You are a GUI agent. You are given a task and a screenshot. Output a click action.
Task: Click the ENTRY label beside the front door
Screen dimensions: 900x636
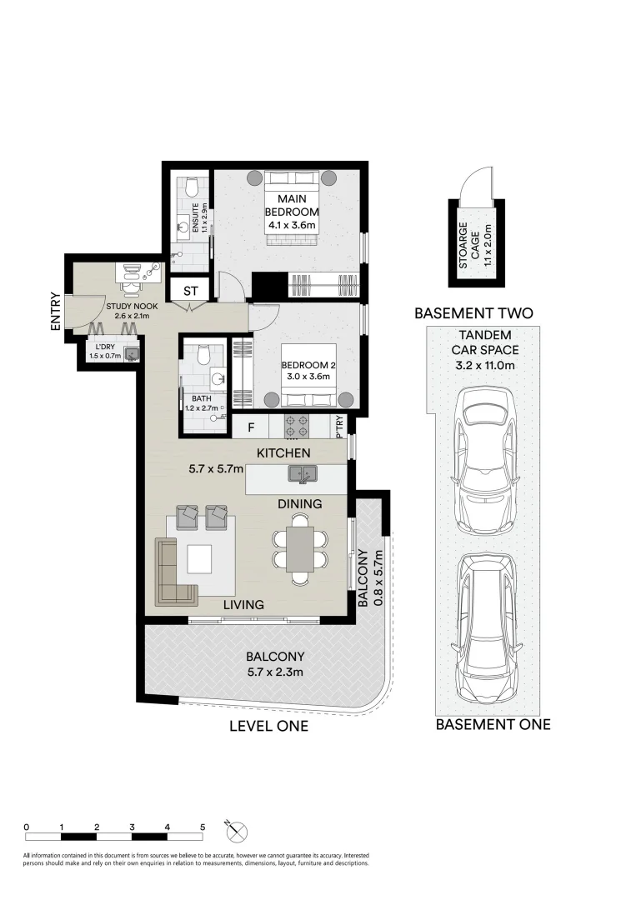[55, 312]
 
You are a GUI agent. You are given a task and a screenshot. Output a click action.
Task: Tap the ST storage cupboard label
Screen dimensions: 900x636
[190, 292]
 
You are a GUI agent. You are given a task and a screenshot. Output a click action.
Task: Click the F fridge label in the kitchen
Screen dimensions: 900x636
[250, 428]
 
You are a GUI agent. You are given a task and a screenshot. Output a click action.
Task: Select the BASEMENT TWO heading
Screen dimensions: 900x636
[473, 314]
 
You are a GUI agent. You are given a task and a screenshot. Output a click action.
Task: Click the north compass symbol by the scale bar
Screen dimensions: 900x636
[236, 830]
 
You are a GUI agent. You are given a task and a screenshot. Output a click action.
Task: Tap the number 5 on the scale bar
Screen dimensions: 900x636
[203, 827]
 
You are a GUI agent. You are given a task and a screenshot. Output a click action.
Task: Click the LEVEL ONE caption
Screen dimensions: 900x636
[268, 726]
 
